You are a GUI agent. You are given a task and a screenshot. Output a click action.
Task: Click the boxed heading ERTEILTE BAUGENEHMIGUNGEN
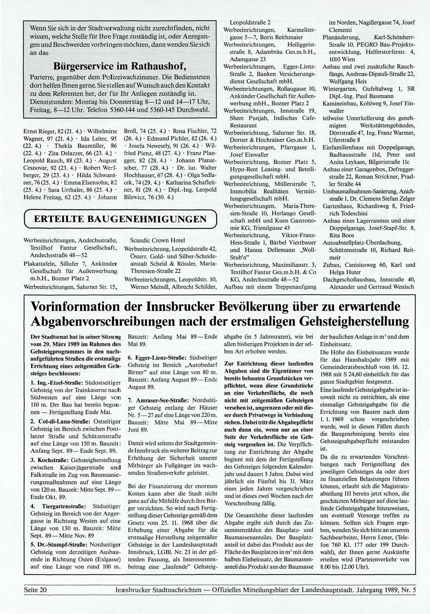[x=120, y=220]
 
